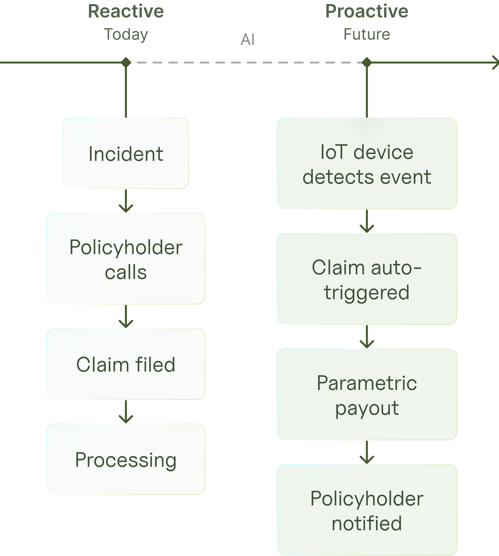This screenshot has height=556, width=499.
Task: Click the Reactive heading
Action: click(126, 12)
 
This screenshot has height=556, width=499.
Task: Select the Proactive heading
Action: click(367, 12)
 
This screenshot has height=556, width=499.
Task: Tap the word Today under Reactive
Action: click(126, 34)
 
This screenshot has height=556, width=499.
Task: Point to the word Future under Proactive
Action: click(367, 34)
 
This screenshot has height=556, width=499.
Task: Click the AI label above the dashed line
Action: click(248, 39)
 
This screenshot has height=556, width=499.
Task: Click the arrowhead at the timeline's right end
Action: click(496, 63)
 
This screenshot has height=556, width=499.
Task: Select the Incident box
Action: click(126, 153)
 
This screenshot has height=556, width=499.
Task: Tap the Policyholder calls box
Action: click(126, 259)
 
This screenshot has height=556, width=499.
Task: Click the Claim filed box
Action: click(126, 364)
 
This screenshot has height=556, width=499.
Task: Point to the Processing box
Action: click(126, 459)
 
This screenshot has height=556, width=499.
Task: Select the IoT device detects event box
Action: click(367, 163)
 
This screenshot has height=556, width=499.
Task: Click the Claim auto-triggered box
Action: click(367, 279)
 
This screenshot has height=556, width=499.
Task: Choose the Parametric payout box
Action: click(367, 394)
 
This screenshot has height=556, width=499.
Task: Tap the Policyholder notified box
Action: click(367, 510)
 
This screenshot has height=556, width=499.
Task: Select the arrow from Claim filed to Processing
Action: click(126, 412)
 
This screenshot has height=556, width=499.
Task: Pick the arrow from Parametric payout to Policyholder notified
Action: click(367, 453)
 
